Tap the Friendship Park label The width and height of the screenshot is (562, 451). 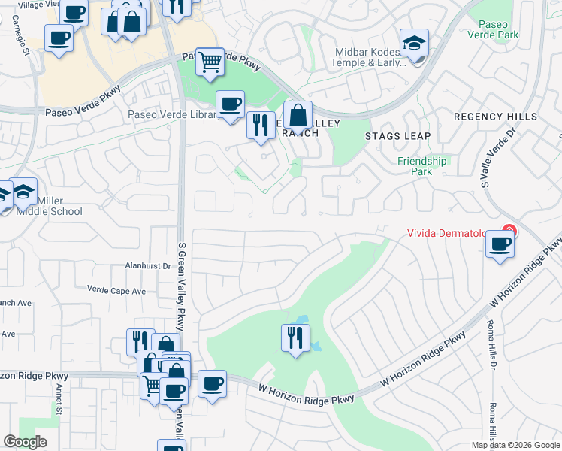(x=421, y=166)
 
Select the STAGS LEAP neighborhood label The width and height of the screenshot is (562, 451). (x=398, y=136)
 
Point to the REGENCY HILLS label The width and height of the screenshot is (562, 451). (x=495, y=117)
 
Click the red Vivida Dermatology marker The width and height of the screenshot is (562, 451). (x=509, y=232)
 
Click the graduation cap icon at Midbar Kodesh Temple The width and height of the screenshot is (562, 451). (x=413, y=44)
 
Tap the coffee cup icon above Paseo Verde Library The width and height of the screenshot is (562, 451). (x=230, y=103)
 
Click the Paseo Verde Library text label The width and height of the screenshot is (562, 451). (x=174, y=115)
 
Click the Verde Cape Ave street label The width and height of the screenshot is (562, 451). (x=116, y=290)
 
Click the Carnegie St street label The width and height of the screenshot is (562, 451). (x=26, y=42)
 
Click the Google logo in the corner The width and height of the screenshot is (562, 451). (x=25, y=442)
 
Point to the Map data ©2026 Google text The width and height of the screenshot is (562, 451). (x=515, y=445)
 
